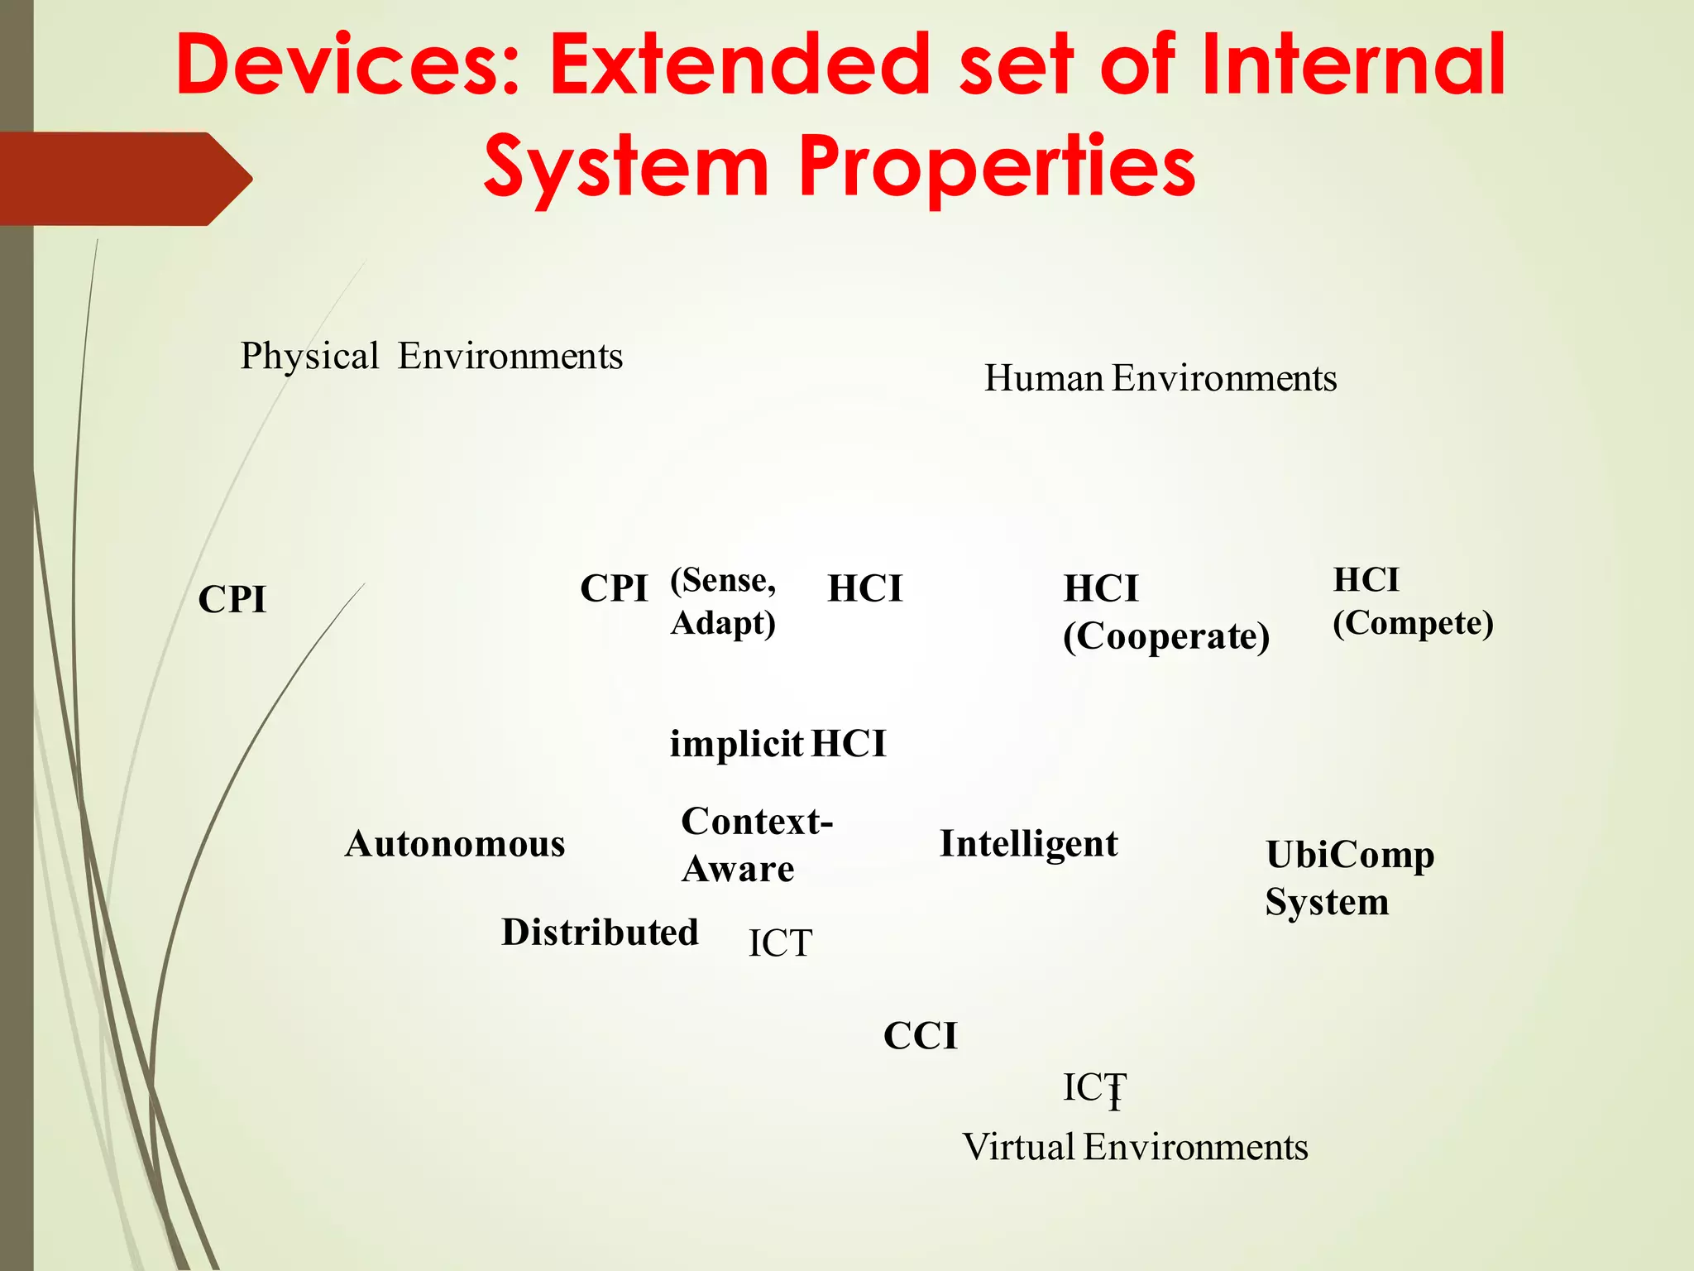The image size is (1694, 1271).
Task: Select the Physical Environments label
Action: point(431,357)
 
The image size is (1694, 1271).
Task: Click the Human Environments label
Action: point(1160,379)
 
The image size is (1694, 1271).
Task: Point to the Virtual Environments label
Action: point(1135,1148)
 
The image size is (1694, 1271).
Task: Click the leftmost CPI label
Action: point(232,599)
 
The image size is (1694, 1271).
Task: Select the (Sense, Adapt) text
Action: point(723,602)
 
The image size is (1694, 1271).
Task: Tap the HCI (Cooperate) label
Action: point(1165,613)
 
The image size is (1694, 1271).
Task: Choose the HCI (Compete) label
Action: point(1413,602)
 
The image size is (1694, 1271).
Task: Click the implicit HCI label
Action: point(778,744)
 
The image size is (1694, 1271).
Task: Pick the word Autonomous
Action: point(455,845)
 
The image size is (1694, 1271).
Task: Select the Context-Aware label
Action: point(756,845)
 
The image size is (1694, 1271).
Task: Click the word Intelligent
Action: point(1028,845)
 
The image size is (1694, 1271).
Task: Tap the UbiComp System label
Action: point(1349,878)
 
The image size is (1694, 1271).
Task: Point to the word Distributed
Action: point(600,933)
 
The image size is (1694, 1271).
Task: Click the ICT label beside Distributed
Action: point(780,943)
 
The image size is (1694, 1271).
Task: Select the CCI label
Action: point(920,1036)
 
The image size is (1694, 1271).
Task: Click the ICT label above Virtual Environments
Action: point(1093,1087)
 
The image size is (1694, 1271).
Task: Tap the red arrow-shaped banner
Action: point(124,179)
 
